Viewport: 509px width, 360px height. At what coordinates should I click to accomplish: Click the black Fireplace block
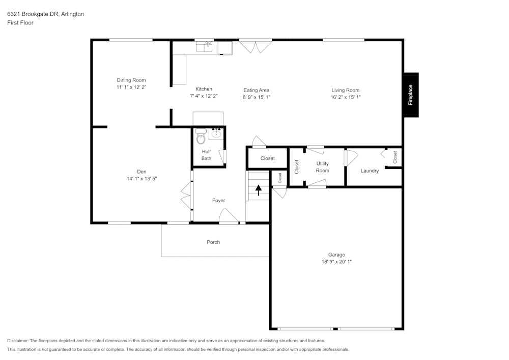[x=411, y=95]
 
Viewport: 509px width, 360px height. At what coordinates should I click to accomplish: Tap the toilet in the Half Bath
[x=201, y=137]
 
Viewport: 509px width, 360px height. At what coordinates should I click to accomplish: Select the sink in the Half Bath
[x=216, y=134]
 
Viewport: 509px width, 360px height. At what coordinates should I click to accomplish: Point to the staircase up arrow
[x=259, y=190]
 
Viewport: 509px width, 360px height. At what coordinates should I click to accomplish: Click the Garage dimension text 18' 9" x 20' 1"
[x=336, y=262]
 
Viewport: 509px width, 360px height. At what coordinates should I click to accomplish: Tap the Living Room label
[x=346, y=90]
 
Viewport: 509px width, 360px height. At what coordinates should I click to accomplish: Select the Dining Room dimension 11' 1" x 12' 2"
[x=131, y=87]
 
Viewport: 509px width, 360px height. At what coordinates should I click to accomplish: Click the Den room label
[x=142, y=172]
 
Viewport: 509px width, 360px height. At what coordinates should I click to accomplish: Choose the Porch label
[x=213, y=242]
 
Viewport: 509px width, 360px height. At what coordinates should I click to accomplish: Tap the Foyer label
[x=218, y=201]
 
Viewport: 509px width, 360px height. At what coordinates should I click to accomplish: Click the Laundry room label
[x=370, y=171]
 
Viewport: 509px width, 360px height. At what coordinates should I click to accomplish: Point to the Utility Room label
[x=322, y=167]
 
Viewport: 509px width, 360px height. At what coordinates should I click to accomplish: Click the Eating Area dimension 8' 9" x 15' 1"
[x=256, y=97]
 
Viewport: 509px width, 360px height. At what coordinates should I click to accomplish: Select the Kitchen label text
[x=204, y=89]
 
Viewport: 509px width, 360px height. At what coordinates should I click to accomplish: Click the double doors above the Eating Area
[x=256, y=47]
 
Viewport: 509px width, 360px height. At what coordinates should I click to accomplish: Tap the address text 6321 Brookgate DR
[x=33, y=14]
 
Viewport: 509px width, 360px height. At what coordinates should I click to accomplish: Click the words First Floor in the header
[x=20, y=23]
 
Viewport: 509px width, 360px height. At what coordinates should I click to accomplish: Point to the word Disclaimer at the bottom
[x=18, y=341]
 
